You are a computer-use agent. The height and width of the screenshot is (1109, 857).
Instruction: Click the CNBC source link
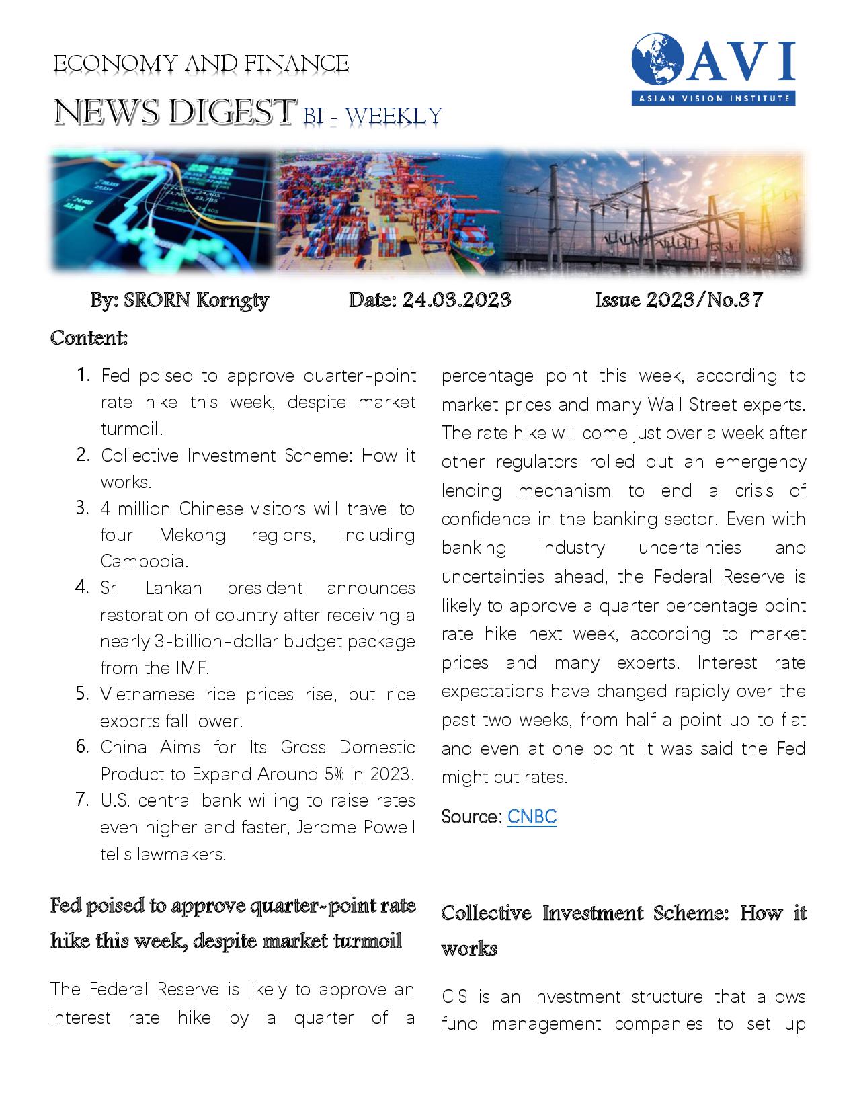click(532, 817)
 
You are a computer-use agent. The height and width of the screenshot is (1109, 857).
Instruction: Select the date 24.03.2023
click(456, 300)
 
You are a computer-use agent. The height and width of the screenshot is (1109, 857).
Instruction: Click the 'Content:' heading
click(89, 337)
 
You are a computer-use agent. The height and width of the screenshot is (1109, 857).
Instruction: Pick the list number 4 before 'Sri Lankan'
click(83, 587)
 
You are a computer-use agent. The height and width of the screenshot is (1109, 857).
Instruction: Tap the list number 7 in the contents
click(83, 800)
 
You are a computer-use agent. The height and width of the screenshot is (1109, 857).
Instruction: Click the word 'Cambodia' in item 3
click(143, 561)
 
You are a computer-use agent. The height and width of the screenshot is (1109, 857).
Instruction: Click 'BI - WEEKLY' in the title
click(372, 116)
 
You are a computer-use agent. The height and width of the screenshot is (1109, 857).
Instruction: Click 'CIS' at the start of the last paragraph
click(460, 997)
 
